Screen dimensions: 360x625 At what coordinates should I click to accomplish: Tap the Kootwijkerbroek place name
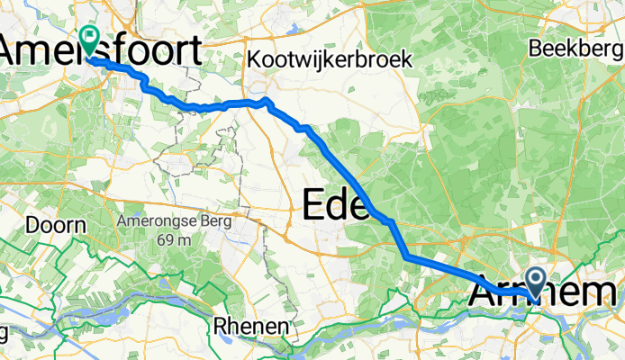[330, 59]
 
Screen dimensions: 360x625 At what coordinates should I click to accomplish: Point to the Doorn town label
[57, 225]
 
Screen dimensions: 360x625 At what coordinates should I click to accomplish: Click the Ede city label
[336, 206]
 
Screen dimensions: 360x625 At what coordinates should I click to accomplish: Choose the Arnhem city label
[546, 293]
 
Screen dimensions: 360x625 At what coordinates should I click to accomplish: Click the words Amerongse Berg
[174, 220]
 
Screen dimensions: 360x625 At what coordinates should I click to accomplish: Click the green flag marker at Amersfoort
[90, 39]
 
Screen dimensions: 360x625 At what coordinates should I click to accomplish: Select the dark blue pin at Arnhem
[536, 283]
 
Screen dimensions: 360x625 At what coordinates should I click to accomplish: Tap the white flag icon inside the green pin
[90, 37]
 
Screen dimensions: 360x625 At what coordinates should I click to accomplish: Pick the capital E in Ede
[312, 206]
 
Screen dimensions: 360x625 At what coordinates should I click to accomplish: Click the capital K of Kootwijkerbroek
[254, 59]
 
